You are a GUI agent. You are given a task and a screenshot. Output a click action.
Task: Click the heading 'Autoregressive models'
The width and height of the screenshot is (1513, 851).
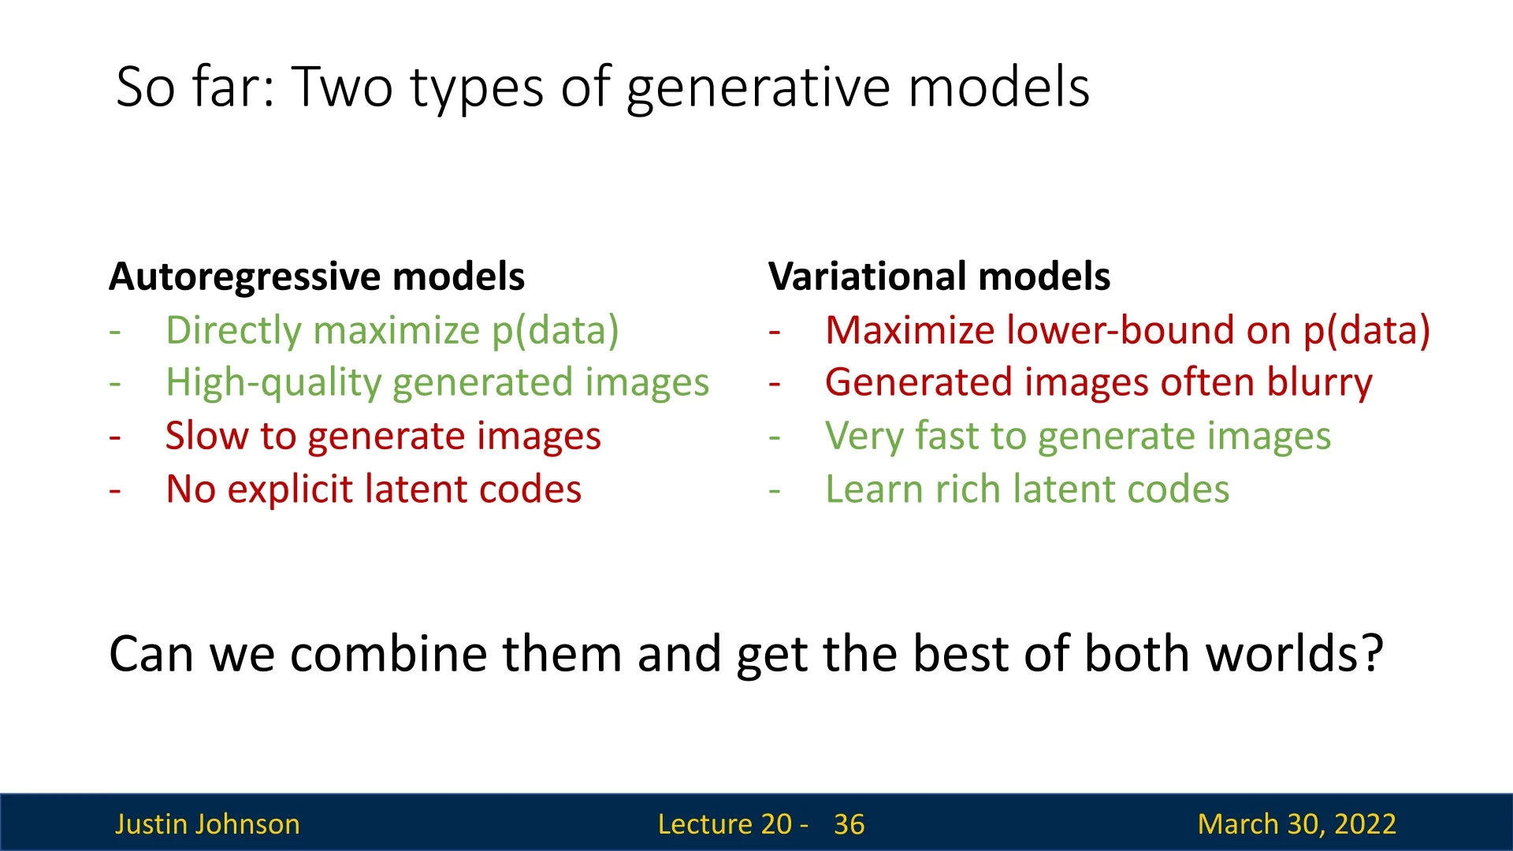point(317,277)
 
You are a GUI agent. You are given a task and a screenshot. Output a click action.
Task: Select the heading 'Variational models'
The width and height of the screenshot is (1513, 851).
point(939,277)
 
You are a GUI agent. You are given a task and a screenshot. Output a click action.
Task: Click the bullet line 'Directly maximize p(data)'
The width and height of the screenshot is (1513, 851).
point(392,331)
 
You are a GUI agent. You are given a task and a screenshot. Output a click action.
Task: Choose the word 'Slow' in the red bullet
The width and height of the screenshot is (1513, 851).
point(206,436)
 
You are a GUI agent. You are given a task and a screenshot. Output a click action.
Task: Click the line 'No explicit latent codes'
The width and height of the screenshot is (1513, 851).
point(374,489)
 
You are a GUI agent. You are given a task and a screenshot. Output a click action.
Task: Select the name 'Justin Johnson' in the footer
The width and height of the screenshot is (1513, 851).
point(207,824)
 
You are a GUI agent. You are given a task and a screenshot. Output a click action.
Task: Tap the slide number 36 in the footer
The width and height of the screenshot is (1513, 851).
point(849,824)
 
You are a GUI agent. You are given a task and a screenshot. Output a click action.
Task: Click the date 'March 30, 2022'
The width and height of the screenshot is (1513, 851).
point(1296,824)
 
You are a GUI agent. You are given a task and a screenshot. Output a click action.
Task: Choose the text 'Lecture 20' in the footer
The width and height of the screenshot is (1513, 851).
point(724,824)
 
